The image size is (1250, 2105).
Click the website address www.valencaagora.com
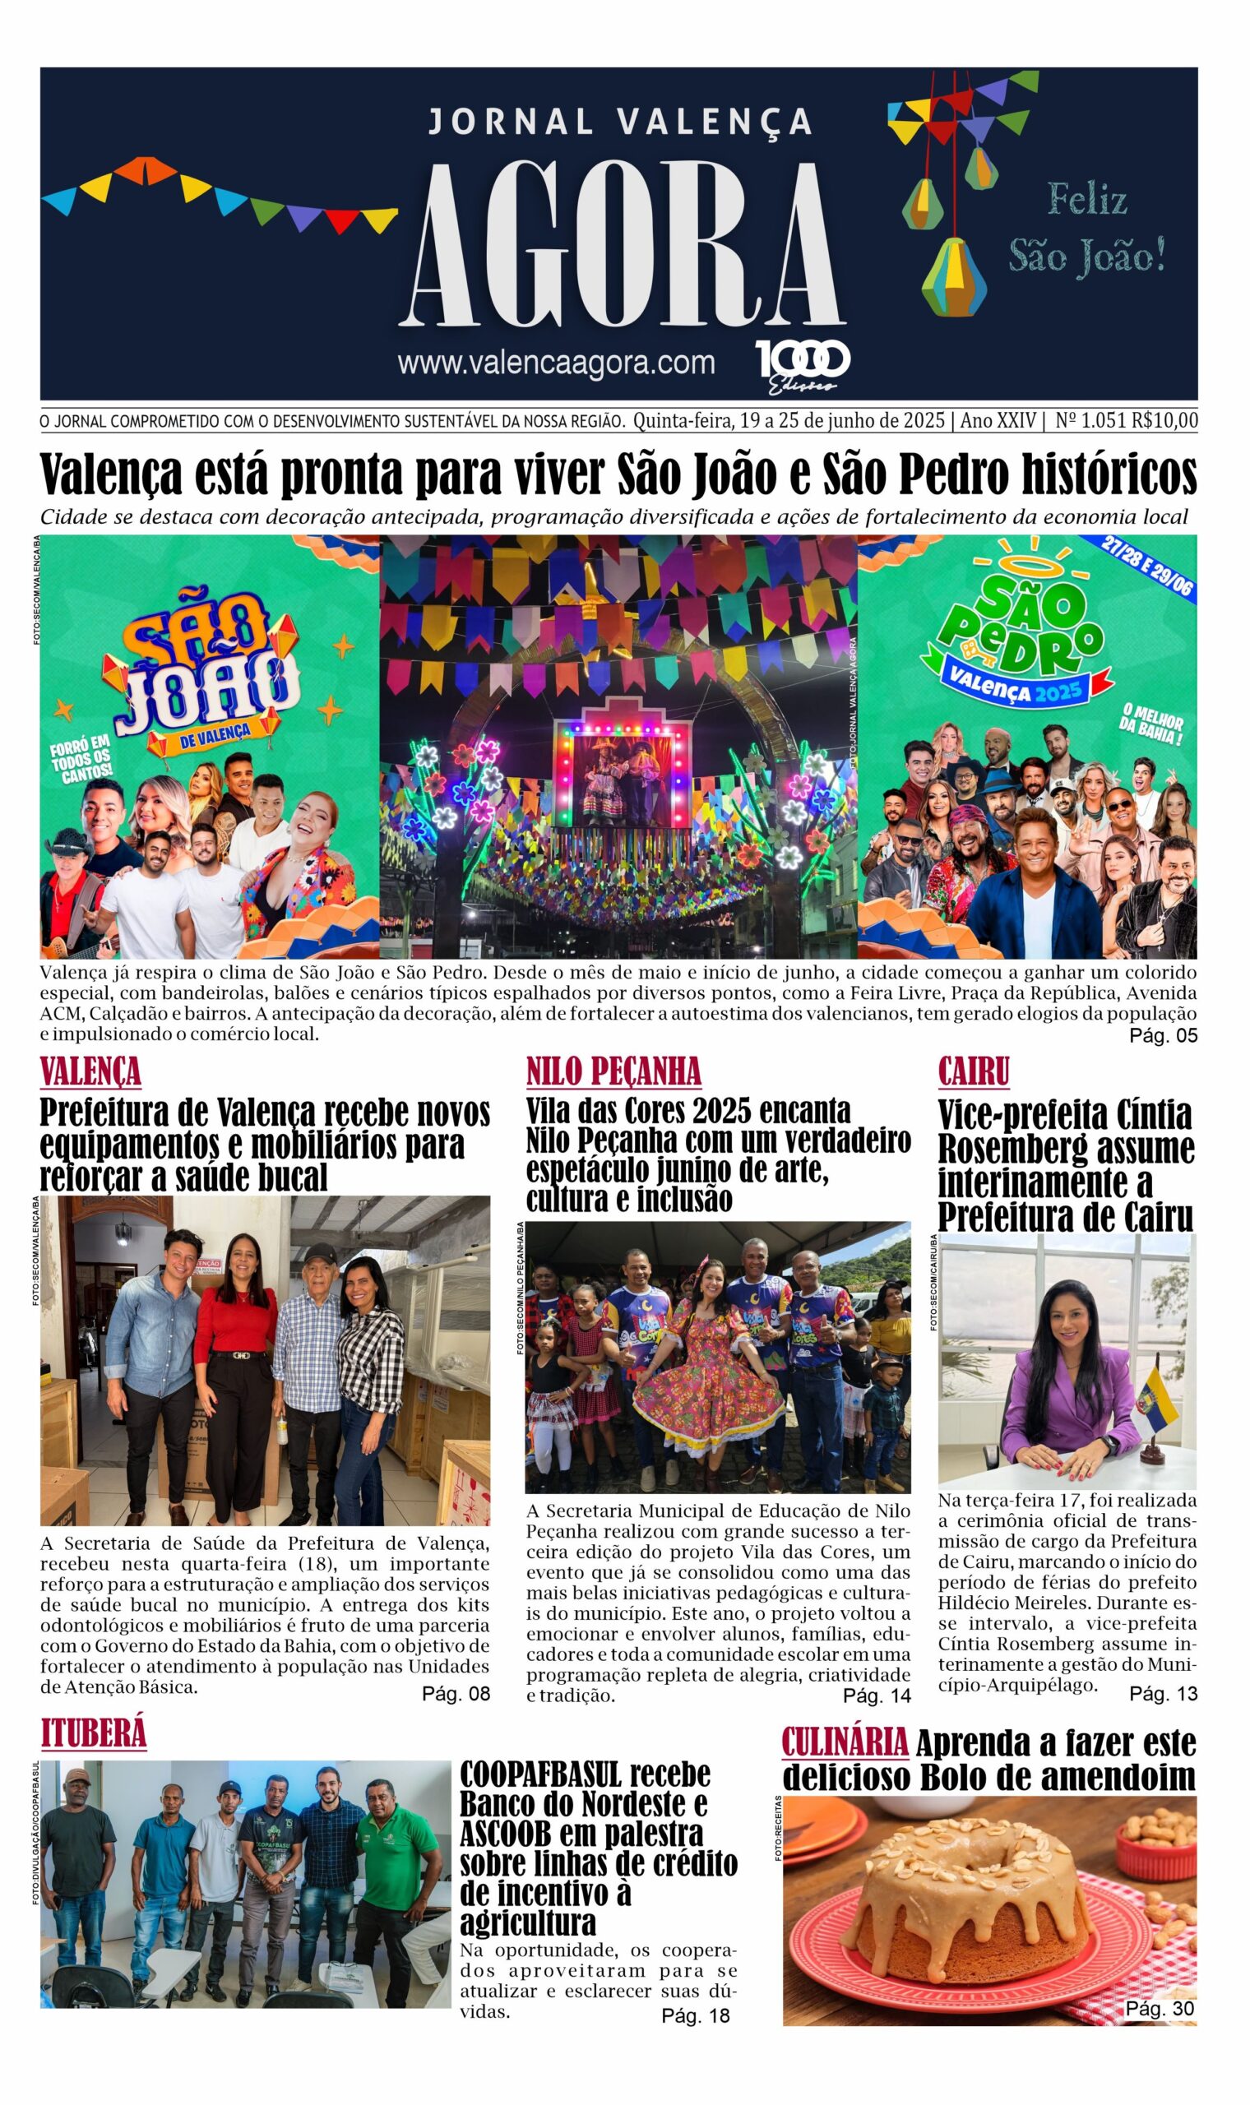coord(556,362)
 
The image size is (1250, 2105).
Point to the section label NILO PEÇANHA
coord(613,1072)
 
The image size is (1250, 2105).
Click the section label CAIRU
coord(974,1072)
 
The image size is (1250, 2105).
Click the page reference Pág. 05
coord(1162,1034)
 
